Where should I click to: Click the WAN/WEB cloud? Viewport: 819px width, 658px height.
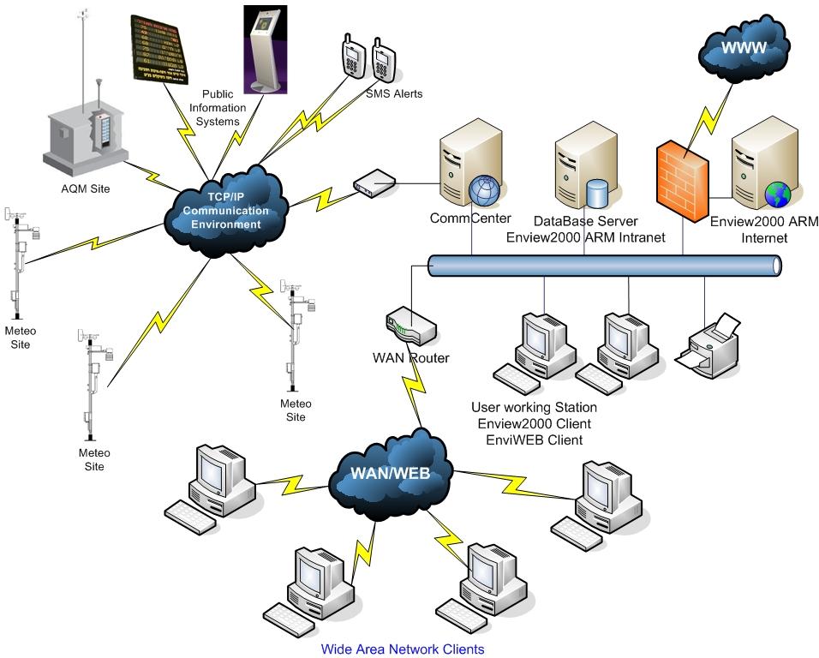tap(390, 471)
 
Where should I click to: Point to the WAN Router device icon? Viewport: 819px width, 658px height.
tap(410, 326)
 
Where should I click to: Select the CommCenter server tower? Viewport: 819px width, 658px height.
tap(463, 168)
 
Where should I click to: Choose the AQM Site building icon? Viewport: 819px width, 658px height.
tap(86, 133)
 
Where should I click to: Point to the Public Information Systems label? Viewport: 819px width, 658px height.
tap(224, 108)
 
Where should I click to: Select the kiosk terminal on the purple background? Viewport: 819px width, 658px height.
tap(263, 48)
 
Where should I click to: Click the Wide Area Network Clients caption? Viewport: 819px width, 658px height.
tap(403, 649)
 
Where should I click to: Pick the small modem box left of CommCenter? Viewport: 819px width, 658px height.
tap(374, 182)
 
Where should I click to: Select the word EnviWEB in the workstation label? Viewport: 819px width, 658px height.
tap(511, 440)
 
